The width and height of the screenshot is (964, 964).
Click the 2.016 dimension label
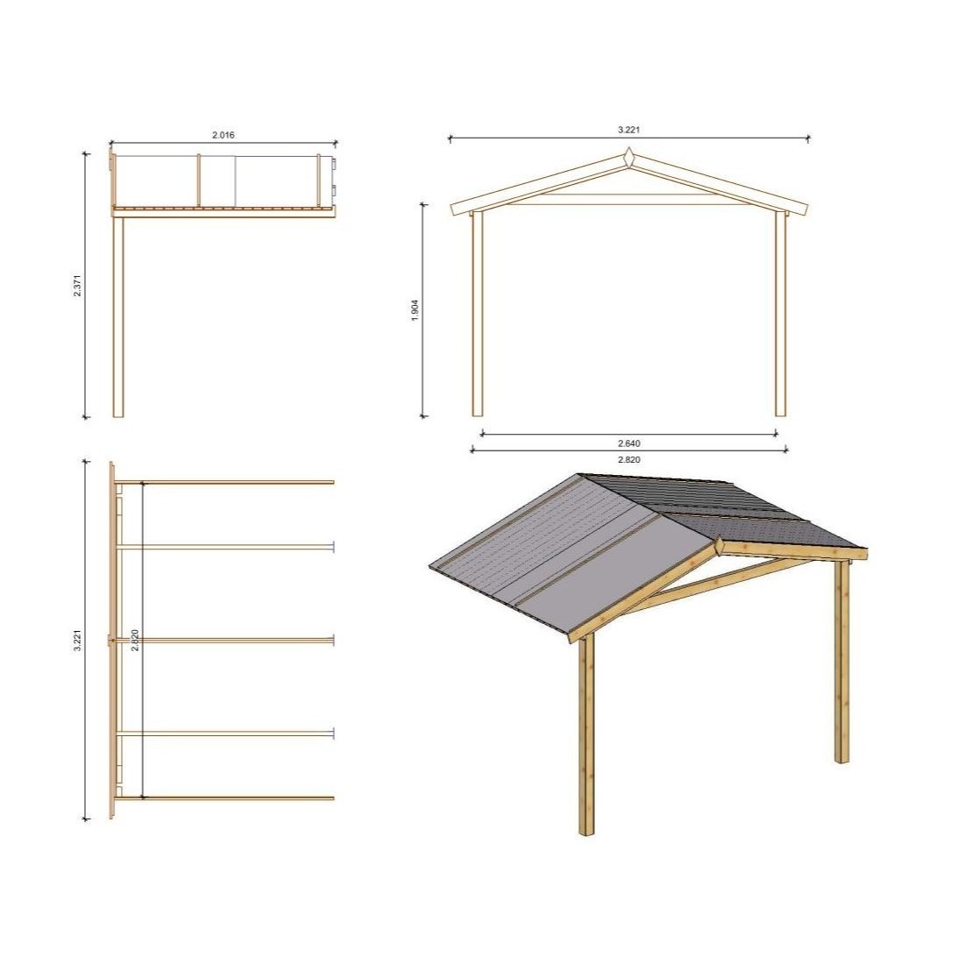[223, 135]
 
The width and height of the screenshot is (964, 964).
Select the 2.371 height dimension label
[77, 286]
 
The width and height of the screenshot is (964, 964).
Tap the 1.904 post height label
[415, 310]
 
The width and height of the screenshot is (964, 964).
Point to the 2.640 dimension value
[629, 443]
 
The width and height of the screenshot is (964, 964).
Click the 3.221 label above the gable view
[629, 130]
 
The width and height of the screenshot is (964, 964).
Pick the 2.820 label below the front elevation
[629, 459]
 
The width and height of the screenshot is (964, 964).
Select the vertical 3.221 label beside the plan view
[77, 640]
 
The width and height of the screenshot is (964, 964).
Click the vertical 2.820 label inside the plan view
[135, 640]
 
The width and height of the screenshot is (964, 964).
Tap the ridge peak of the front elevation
[629, 148]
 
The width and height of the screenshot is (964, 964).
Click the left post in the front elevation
[478, 314]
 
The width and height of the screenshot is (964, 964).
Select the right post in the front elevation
[781, 314]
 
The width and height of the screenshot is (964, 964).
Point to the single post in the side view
[118, 316]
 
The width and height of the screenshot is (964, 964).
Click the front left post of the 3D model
[587, 734]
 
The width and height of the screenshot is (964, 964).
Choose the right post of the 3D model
[842, 661]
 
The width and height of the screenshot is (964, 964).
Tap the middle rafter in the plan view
[224, 641]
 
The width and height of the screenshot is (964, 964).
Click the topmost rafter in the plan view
[224, 483]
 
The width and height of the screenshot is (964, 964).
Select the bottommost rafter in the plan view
[224, 798]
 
